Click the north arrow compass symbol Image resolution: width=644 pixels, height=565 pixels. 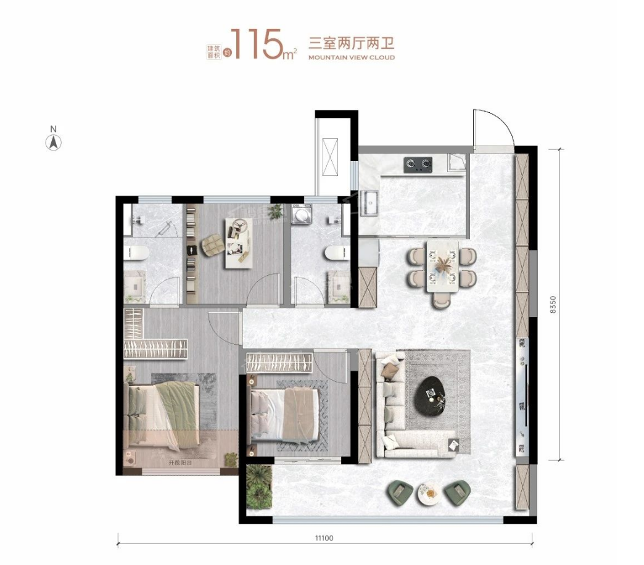point(54,142)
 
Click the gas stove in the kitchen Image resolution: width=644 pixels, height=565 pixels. point(418,164)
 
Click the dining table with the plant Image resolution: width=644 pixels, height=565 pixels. point(443,266)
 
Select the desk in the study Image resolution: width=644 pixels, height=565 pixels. point(237,249)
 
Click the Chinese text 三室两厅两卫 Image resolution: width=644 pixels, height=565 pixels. point(351,43)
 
